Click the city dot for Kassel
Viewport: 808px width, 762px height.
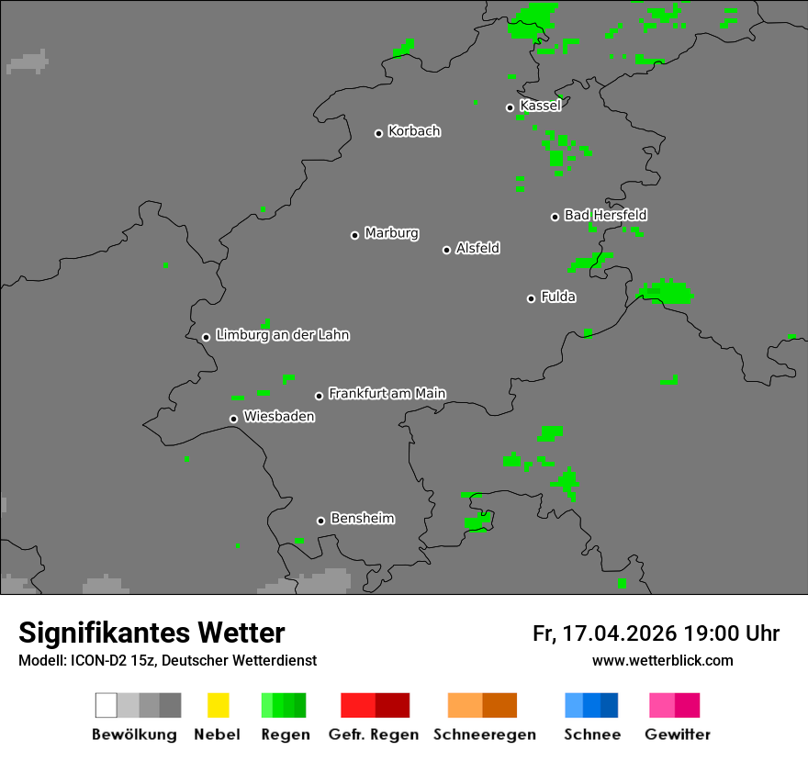tap(511, 107)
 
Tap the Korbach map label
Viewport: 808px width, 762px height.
tap(414, 131)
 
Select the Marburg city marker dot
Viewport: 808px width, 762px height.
tap(354, 235)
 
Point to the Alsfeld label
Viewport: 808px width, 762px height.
tap(477, 248)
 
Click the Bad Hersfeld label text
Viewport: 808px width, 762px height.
tap(605, 215)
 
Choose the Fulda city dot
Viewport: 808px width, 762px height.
tap(531, 298)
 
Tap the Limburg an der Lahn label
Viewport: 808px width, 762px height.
tap(282, 335)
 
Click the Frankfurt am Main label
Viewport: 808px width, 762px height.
tap(387, 393)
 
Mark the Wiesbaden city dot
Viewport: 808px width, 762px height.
tap(233, 419)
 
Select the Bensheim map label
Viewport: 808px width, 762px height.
tap(362, 519)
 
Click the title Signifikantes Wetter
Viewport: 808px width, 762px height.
tap(151, 633)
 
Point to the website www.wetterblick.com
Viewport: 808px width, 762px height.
tap(662, 660)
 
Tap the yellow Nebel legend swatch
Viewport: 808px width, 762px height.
tap(218, 705)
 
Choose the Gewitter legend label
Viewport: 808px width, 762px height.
tap(678, 734)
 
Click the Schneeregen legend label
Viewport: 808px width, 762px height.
tap(484, 734)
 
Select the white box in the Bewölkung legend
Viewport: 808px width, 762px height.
tap(106, 705)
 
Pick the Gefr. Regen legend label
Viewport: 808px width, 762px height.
tap(373, 734)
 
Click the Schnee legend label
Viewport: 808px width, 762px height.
tap(591, 734)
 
